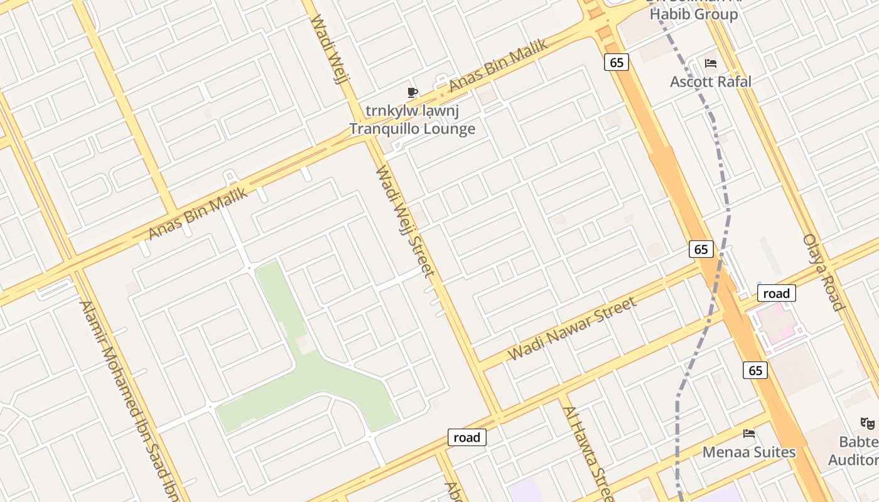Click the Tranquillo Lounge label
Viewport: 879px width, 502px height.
coord(412,129)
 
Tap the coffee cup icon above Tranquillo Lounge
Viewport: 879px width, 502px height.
coord(412,93)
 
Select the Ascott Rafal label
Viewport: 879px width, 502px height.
coord(710,82)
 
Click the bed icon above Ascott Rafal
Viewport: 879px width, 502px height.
coord(711,63)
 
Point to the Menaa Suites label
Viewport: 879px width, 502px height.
coord(748,452)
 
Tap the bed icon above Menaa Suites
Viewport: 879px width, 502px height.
coord(748,434)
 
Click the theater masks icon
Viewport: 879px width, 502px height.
coord(868,424)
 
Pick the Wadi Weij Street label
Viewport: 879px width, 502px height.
coord(405,221)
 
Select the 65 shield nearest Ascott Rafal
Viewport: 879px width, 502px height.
coord(617,62)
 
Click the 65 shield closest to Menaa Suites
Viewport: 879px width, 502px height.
coord(755,370)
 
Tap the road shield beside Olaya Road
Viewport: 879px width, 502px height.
coord(776,293)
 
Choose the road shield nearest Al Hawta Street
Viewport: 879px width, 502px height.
coord(467,437)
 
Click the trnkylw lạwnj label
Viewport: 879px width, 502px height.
coord(412,112)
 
